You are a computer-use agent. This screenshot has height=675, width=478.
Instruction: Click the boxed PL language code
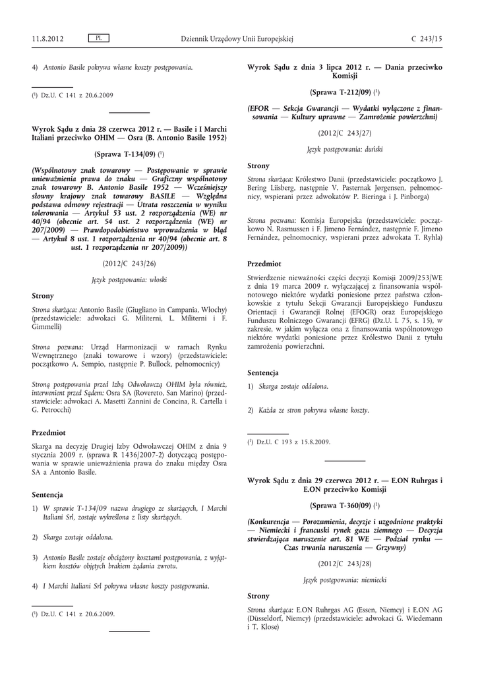click(x=98, y=38)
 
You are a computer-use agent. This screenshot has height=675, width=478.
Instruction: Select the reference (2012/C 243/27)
click(x=345, y=132)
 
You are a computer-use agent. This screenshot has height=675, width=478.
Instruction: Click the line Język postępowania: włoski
click(x=129, y=279)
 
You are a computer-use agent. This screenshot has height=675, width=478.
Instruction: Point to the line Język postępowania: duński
click(x=345, y=150)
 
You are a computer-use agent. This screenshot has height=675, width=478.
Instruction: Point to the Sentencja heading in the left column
click(x=47, y=494)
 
